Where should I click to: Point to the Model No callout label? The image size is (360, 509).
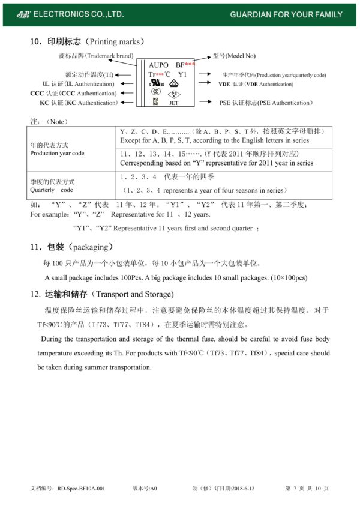[234, 56]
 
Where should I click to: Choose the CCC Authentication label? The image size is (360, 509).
[73, 94]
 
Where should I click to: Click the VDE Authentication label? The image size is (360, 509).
[256, 85]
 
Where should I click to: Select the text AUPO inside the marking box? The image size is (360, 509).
[158, 65]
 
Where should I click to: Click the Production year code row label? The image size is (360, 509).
[57, 149]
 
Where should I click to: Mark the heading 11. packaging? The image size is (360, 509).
[71, 247]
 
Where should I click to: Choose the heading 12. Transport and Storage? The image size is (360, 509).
[102, 294]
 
